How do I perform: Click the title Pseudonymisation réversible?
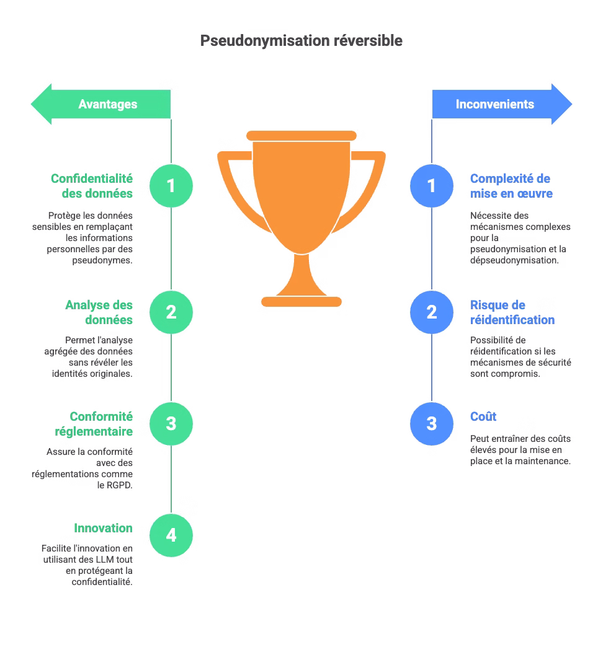pos(301,40)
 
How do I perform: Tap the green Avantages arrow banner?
pos(100,104)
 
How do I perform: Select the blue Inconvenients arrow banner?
pos(502,104)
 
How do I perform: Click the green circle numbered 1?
pos(171,186)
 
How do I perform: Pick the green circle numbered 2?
pos(171,312)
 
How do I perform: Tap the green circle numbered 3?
pos(171,424)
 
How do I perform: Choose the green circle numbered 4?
pos(171,535)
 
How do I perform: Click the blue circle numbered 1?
pos(432,186)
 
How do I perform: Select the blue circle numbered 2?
pos(432,312)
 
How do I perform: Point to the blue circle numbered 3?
pos(432,424)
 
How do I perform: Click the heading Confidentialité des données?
pos(92,186)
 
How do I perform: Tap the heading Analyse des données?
pos(99,312)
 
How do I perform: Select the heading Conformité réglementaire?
pos(94,424)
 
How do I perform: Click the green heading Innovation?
pos(103,528)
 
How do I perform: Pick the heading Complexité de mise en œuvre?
pos(511,186)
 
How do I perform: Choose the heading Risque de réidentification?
pos(512,312)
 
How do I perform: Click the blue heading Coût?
pos(483,416)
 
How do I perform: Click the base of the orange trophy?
pos(301,302)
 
